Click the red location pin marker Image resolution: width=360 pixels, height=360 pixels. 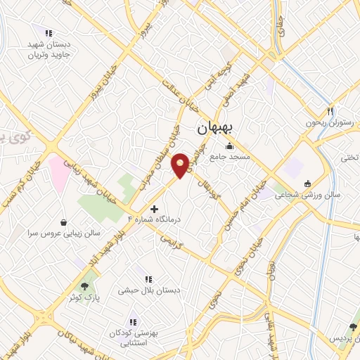(x=181, y=165)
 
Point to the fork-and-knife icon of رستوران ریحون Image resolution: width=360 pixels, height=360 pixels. (x=330, y=110)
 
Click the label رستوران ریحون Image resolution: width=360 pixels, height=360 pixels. (x=327, y=122)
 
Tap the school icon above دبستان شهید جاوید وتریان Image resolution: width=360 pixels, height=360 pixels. (x=49, y=32)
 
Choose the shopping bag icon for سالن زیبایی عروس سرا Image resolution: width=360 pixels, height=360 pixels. (x=64, y=222)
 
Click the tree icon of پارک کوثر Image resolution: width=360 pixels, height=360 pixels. (x=85, y=286)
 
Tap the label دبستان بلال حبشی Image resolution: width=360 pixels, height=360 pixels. (x=158, y=290)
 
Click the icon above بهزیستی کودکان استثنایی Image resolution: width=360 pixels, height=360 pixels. (x=133, y=321)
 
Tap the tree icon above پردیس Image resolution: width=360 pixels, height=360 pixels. (x=353, y=327)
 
